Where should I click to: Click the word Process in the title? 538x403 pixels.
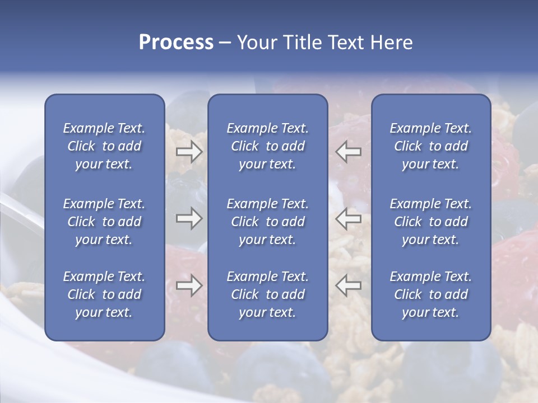pyautogui.click(x=176, y=43)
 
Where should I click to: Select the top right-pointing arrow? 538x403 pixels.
pyautogui.click(x=189, y=152)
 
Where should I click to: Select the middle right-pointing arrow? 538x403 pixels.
pyautogui.click(x=189, y=218)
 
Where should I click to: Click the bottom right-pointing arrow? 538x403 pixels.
pyautogui.click(x=189, y=285)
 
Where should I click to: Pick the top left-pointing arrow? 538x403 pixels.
pyautogui.click(x=349, y=152)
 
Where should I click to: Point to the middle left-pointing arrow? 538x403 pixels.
pyautogui.click(x=349, y=218)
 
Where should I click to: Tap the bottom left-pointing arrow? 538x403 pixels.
pyautogui.click(x=349, y=285)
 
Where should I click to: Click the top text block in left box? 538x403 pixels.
pyautogui.click(x=104, y=146)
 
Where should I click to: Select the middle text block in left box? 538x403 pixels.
pyautogui.click(x=104, y=222)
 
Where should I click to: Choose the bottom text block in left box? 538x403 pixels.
pyautogui.click(x=104, y=294)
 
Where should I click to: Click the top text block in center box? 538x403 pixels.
pyautogui.click(x=268, y=146)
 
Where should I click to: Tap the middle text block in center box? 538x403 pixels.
pyautogui.click(x=268, y=222)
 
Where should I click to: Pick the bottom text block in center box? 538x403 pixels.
pyautogui.click(x=268, y=294)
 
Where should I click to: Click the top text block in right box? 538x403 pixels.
pyautogui.click(x=431, y=146)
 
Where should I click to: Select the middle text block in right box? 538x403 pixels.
pyautogui.click(x=431, y=222)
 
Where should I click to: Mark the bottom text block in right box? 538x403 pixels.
pyautogui.click(x=431, y=294)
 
